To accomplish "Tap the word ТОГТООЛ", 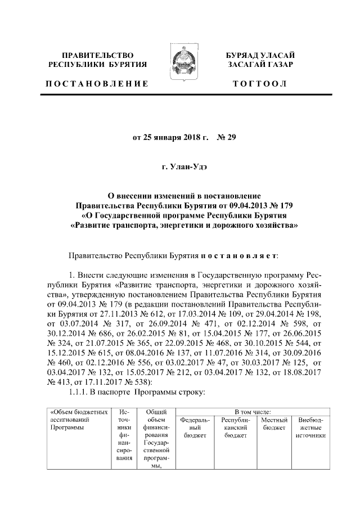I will tap(260, 84).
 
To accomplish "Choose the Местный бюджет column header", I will tap(275, 424).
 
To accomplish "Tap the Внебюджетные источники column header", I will tap(310, 427).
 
